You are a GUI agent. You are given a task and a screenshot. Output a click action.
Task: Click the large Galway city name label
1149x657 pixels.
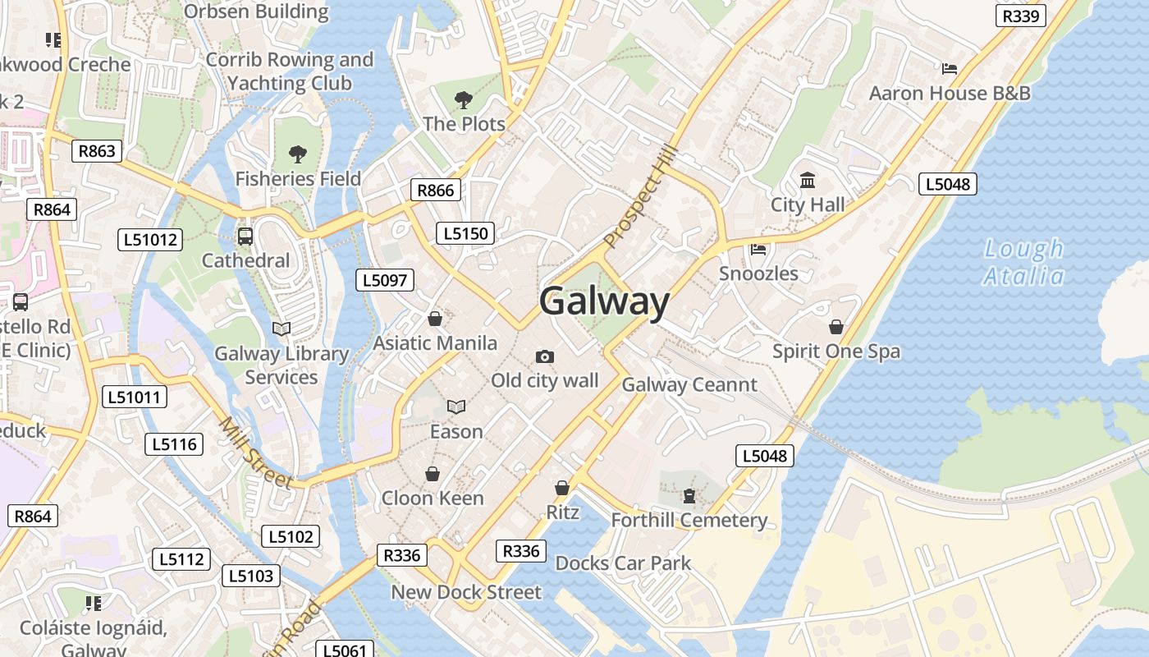coord(604,301)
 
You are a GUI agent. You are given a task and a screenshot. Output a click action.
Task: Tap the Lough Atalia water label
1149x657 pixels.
coord(1023,262)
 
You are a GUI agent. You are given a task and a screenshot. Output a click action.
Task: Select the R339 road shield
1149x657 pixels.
coord(1021,16)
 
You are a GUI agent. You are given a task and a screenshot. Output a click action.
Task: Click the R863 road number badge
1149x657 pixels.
coord(97,150)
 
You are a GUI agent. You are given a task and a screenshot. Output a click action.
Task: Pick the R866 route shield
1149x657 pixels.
coord(435,191)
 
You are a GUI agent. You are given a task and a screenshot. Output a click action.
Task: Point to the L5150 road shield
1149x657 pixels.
coord(465,233)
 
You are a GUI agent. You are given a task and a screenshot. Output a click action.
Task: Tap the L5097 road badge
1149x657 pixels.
coord(385,280)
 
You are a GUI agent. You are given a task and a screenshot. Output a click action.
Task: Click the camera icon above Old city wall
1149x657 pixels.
coord(544,356)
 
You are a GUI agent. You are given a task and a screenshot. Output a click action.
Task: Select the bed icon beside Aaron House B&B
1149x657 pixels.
coord(950,69)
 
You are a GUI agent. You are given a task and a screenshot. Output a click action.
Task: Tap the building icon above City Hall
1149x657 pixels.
coord(808,180)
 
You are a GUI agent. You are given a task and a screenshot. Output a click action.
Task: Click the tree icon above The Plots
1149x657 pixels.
coord(464,100)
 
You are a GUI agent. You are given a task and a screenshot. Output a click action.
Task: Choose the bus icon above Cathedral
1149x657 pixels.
coord(245,237)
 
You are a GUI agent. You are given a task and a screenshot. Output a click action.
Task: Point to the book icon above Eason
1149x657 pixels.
coord(456,407)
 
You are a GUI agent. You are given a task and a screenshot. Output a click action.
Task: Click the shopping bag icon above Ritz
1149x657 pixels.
coord(562,488)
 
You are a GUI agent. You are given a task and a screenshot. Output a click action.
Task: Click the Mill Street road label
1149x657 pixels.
coord(255,453)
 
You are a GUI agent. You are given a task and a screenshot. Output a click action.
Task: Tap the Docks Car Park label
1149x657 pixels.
coord(623,563)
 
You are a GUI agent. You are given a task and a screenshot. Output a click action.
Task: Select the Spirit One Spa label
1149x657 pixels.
coord(835,351)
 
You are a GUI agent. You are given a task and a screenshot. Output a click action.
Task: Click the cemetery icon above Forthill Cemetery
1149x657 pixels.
coord(689,495)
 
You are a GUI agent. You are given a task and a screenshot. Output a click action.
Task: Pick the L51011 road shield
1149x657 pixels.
coord(135,397)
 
